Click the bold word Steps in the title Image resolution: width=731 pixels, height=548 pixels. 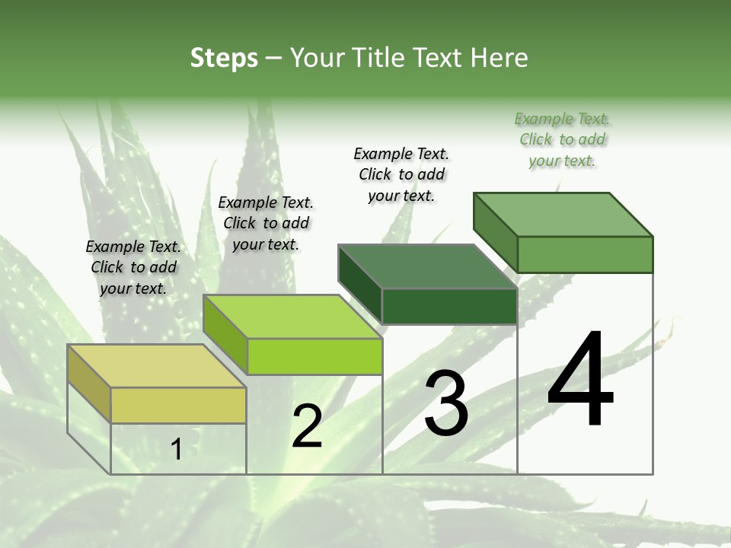[x=224, y=58]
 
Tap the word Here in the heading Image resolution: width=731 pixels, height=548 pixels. [x=500, y=58]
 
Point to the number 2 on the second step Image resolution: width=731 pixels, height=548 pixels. [x=307, y=426]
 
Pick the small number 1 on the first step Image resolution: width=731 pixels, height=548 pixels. [x=177, y=449]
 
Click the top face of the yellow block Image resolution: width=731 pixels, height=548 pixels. [x=156, y=365]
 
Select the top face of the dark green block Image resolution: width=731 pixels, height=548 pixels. [x=427, y=266]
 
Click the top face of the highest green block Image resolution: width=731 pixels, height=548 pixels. [x=563, y=215]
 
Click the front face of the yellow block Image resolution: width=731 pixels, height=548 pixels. [x=178, y=405]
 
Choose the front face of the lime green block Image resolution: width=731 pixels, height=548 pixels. [x=314, y=356]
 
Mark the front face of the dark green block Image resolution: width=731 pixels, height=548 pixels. [x=449, y=306]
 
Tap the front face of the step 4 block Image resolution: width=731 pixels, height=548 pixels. [x=585, y=254]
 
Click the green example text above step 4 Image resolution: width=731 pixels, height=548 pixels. [x=562, y=139]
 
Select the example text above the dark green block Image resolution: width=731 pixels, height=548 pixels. [x=401, y=174]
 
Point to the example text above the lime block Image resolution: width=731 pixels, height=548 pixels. [x=266, y=223]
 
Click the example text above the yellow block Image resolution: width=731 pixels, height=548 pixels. [x=133, y=267]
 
